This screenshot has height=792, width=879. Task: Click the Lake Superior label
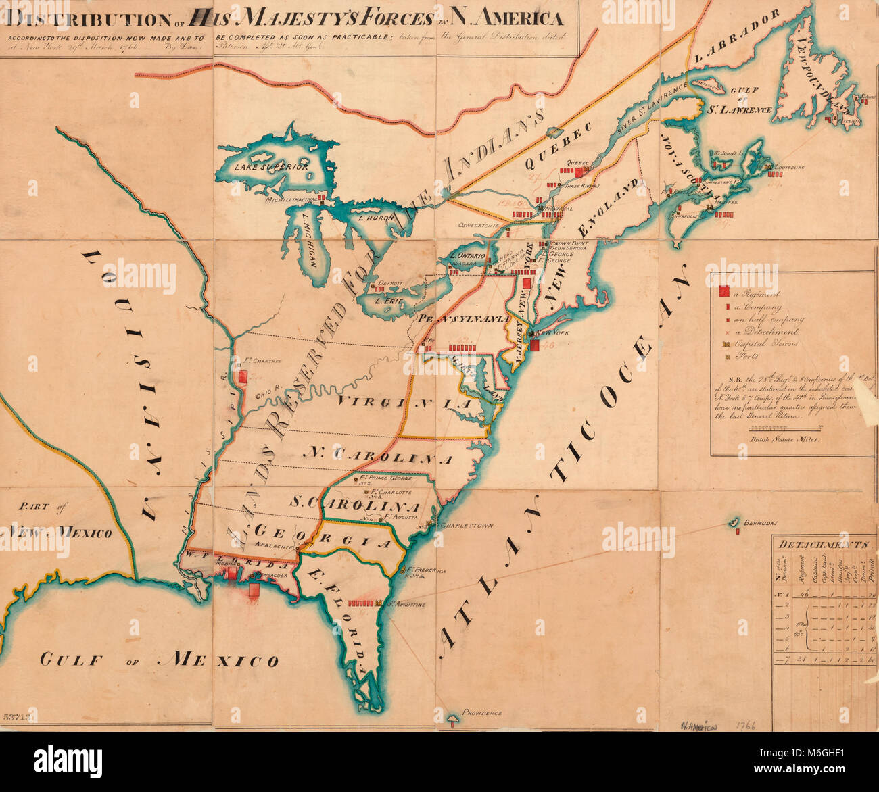point(271,166)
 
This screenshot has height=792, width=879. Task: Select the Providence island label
point(482,713)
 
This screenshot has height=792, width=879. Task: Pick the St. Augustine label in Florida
point(406,604)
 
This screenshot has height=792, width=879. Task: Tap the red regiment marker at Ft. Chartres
point(242,376)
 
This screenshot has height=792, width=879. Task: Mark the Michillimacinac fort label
point(291,200)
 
